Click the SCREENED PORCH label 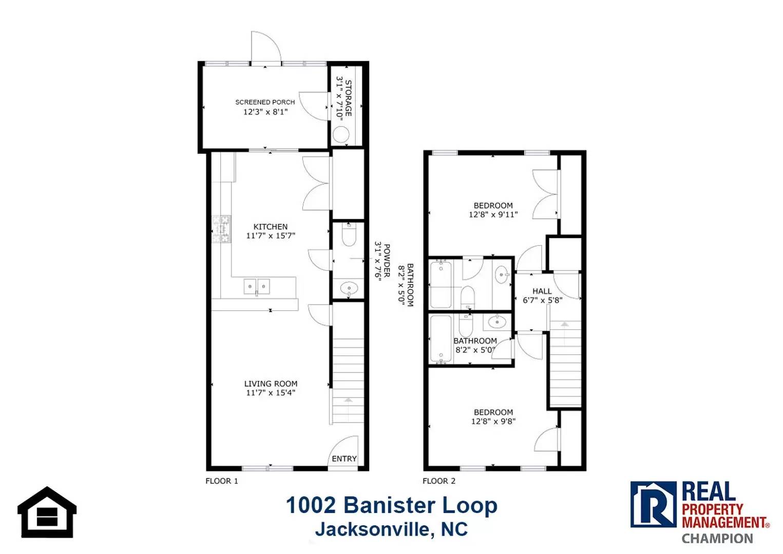(x=265, y=102)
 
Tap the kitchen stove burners (x=222, y=229)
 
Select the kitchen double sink (x=257, y=286)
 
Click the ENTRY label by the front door (x=344, y=459)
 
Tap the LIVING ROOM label (x=271, y=384)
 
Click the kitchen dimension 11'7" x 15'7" (x=271, y=236)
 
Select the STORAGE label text (x=348, y=98)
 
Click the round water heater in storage (x=341, y=134)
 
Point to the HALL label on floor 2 (x=542, y=291)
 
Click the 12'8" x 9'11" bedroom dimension (x=493, y=214)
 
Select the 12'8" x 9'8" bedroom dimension (x=493, y=421)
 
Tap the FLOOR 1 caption (x=222, y=481)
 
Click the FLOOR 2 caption (x=438, y=481)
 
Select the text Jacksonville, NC (x=391, y=529)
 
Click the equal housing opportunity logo (x=47, y=512)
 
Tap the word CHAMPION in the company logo (x=717, y=539)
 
